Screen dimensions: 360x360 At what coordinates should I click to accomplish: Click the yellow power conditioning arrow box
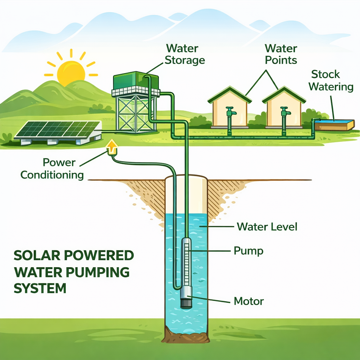pyautogui.click(x=112, y=148)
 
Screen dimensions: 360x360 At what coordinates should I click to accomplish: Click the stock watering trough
pyautogui.click(x=334, y=124)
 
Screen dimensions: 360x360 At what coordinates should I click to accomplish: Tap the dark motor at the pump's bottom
pyautogui.click(x=186, y=302)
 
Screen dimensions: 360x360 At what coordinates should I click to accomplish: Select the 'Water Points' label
pyautogui.click(x=281, y=54)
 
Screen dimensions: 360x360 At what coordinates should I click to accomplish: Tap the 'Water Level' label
pyautogui.click(x=267, y=226)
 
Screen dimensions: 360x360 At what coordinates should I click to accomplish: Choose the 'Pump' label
pyautogui.click(x=249, y=251)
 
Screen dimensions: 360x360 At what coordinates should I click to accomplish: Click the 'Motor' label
pyautogui.click(x=249, y=301)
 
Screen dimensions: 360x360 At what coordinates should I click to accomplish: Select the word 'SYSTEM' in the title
pyautogui.click(x=40, y=288)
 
